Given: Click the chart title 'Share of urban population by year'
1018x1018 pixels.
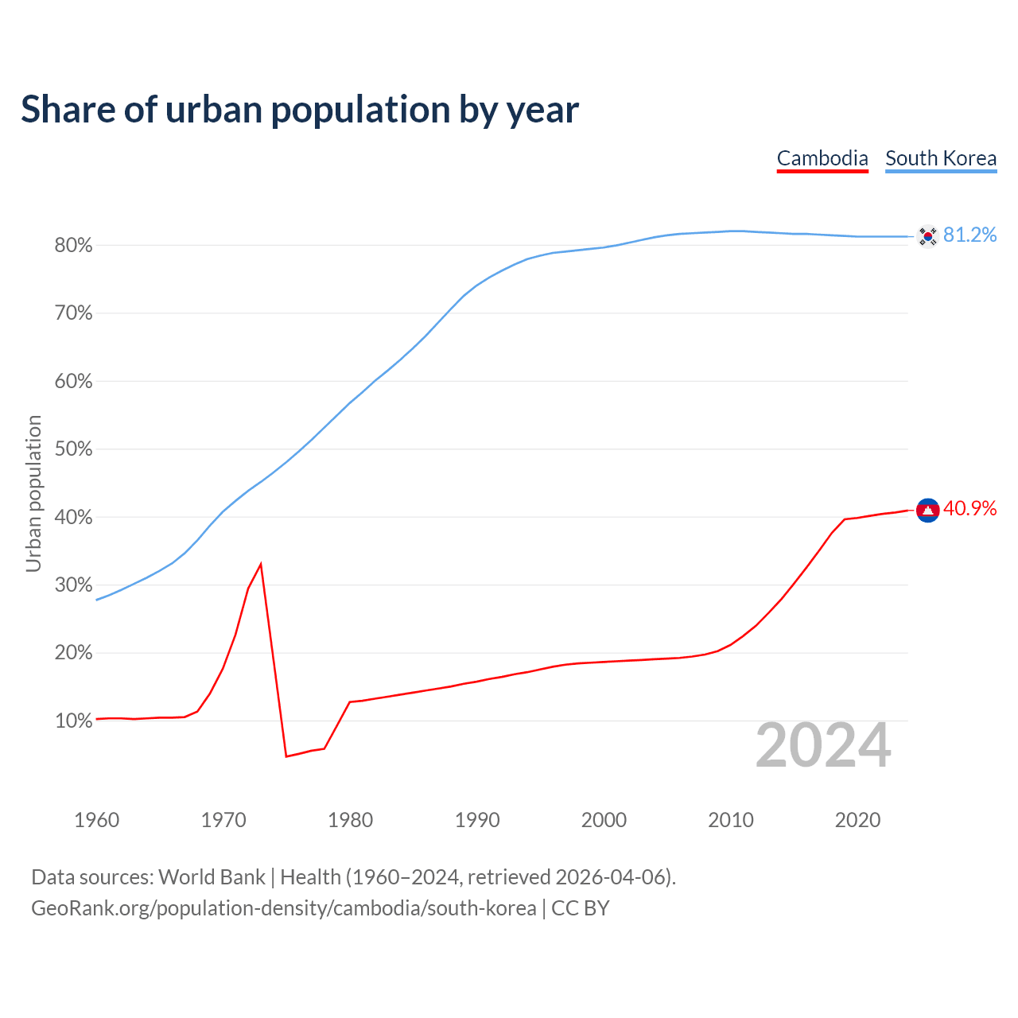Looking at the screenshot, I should click(x=299, y=110).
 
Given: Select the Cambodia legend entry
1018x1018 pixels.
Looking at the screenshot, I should click(x=822, y=158).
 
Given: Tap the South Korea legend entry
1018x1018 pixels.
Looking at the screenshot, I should click(x=941, y=158).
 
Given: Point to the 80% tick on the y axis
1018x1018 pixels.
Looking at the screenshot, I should click(x=74, y=246).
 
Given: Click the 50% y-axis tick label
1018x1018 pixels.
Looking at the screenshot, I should click(x=74, y=449).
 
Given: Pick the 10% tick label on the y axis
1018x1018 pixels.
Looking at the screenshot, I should click(x=74, y=721).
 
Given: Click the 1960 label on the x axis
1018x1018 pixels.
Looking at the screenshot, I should click(x=97, y=820).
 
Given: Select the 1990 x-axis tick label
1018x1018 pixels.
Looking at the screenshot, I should click(x=477, y=820).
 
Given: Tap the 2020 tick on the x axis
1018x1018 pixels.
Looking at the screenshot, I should click(x=857, y=820).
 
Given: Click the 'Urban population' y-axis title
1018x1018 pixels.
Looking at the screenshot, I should click(x=33, y=493).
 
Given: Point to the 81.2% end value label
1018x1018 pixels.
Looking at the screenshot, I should click(x=969, y=235).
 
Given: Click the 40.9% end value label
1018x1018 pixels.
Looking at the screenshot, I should click(x=969, y=508).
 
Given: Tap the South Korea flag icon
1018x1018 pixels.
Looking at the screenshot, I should click(x=927, y=235).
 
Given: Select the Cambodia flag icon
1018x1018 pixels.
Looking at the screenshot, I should click(x=928, y=510).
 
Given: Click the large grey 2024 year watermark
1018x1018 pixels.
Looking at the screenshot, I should click(x=823, y=745).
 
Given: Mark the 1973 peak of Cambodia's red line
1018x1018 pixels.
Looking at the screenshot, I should click(x=261, y=564).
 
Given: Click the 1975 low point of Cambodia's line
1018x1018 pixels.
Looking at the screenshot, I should click(x=286, y=756).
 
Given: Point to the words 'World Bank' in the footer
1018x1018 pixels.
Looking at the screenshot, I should click(x=212, y=877).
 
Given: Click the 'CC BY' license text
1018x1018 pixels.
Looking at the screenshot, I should click(x=581, y=908).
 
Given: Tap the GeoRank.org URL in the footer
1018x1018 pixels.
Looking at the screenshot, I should click(x=283, y=908).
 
